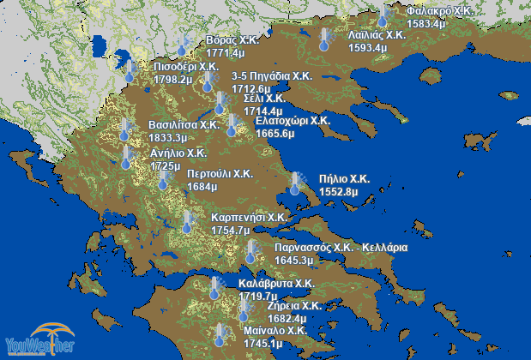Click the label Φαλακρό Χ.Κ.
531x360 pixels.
pyautogui.click(x=440, y=11)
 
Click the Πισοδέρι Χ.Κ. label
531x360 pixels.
pyautogui.click(x=186, y=66)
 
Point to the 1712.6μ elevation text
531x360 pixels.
pyautogui.click(x=252, y=88)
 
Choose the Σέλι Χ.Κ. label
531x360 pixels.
pyautogui.click(x=264, y=99)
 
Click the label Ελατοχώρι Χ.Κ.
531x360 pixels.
pyautogui.click(x=293, y=121)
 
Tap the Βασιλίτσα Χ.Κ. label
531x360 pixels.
pyautogui.click(x=184, y=124)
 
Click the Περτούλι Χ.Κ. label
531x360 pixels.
pyautogui.click(x=220, y=173)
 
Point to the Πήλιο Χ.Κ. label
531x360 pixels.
pyautogui.click(x=343, y=179)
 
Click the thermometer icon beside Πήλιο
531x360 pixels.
pyautogui.click(x=297, y=183)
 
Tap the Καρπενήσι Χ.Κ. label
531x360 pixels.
pyautogui.click(x=249, y=218)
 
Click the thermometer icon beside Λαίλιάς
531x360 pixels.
pyautogui.click(x=324, y=39)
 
